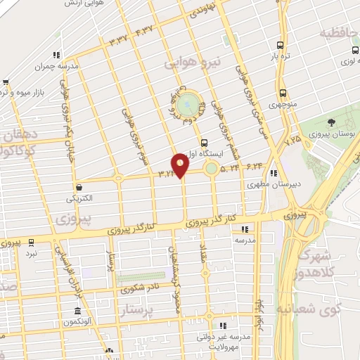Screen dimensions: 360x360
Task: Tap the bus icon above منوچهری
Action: (x=283, y=93)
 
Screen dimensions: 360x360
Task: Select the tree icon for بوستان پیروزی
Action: (x=331, y=123)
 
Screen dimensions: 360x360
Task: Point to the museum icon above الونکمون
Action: (x=77, y=311)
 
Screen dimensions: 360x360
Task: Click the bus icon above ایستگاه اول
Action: (x=204, y=142)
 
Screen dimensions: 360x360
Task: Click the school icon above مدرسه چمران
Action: (x=56, y=55)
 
